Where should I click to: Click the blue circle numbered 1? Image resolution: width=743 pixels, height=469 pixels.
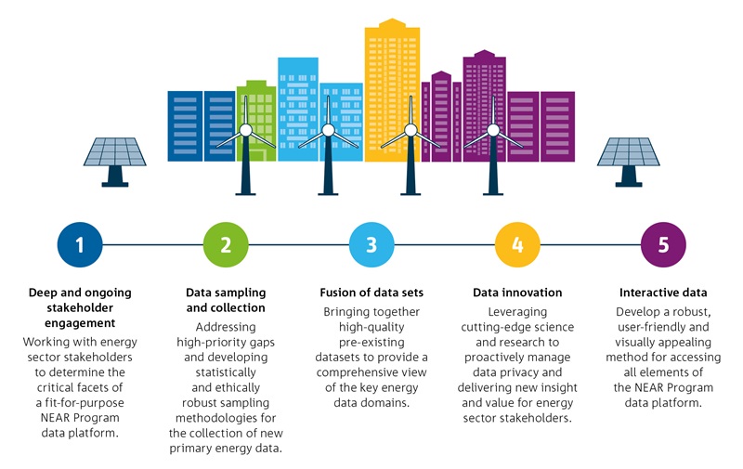(80, 245)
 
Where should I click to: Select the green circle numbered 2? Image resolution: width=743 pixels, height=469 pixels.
(226, 245)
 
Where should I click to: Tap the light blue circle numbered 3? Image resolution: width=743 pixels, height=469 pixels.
(371, 245)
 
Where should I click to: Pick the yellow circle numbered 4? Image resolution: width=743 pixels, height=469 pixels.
(517, 245)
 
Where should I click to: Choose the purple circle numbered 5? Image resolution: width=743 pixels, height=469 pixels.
(663, 245)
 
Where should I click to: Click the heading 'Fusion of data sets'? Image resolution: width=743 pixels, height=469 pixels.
(371, 293)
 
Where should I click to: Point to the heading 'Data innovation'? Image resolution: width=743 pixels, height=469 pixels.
(517, 293)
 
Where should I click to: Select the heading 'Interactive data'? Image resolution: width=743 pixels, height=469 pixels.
(663, 293)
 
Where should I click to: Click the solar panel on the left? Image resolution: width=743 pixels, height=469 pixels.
(114, 162)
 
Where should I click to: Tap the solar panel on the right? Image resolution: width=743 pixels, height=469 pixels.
(629, 162)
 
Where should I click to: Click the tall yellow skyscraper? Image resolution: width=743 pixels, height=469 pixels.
(392, 90)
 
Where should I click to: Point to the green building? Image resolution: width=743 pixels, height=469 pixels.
(256, 121)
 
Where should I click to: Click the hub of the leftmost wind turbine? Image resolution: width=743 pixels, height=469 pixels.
(245, 130)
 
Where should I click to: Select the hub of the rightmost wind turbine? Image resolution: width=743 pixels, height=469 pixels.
(493, 130)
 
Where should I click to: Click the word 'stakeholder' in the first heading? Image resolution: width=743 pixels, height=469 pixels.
(80, 308)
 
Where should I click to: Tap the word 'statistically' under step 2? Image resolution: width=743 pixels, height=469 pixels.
(226, 372)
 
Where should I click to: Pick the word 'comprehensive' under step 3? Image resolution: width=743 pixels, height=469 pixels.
(355, 372)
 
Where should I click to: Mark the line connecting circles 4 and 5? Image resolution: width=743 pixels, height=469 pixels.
(591, 245)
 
